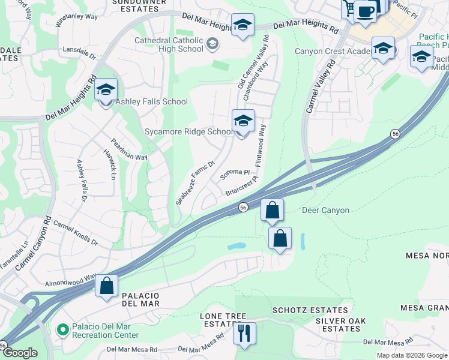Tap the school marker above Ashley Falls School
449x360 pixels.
[106, 91]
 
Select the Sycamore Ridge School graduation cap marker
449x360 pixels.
[243, 122]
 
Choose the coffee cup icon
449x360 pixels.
[365, 11]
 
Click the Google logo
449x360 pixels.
[20, 353]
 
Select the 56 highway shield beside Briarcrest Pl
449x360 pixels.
[243, 207]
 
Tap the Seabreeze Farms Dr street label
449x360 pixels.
[195, 183]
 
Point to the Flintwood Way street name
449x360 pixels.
[261, 146]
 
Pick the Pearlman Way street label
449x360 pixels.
[128, 149]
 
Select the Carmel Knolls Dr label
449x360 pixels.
[76, 232]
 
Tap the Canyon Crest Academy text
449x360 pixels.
[330, 51]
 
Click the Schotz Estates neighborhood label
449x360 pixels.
[310, 310]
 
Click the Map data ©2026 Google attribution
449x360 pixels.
[412, 355]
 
